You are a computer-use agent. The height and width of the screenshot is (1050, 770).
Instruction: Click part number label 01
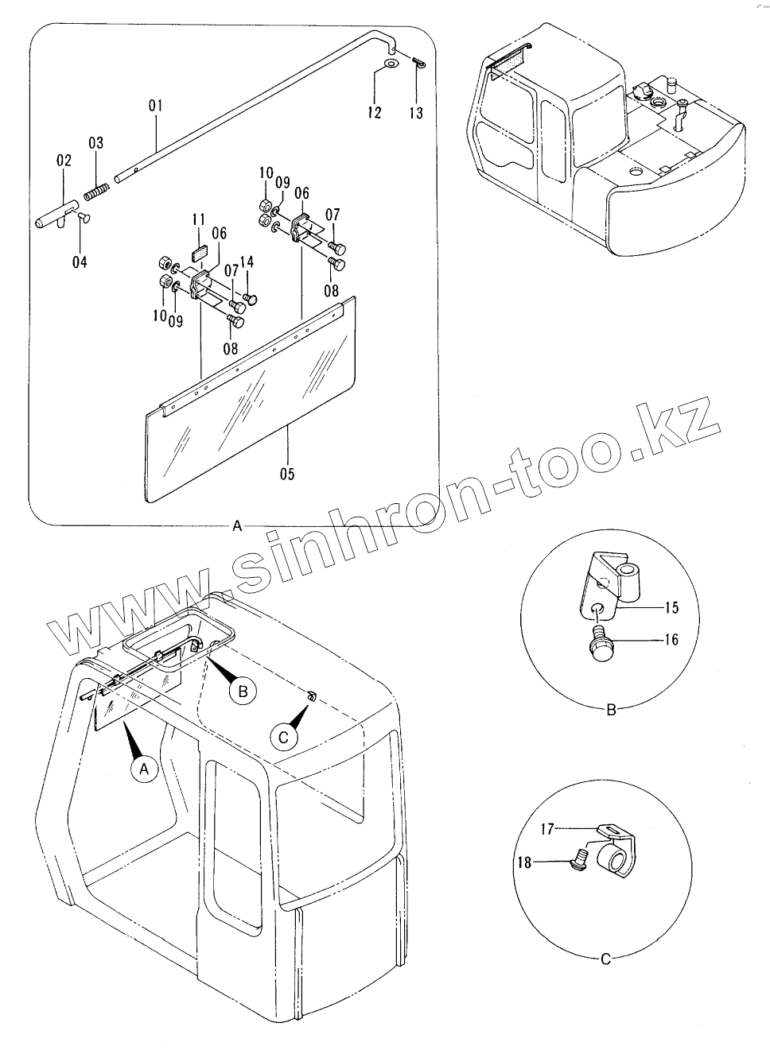155,105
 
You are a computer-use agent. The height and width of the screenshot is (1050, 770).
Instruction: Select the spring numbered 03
95,191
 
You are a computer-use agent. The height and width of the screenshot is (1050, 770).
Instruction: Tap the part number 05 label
287,475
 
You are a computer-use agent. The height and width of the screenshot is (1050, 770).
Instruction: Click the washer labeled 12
390,64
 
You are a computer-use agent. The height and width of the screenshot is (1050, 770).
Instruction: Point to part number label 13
416,113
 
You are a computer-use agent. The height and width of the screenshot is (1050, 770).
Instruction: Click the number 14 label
247,262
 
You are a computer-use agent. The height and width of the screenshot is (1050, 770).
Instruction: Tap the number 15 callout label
671,608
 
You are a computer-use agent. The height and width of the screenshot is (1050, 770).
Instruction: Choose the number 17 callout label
546,828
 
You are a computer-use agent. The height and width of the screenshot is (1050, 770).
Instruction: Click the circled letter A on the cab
144,769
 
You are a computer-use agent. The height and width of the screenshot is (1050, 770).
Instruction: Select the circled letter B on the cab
243,692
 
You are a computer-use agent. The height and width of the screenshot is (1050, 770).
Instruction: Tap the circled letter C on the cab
282,738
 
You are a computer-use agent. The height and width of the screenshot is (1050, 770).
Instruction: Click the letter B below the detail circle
611,710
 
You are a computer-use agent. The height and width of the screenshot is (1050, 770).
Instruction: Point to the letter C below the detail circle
605,959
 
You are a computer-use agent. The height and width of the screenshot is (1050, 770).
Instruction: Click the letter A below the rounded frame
236,526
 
